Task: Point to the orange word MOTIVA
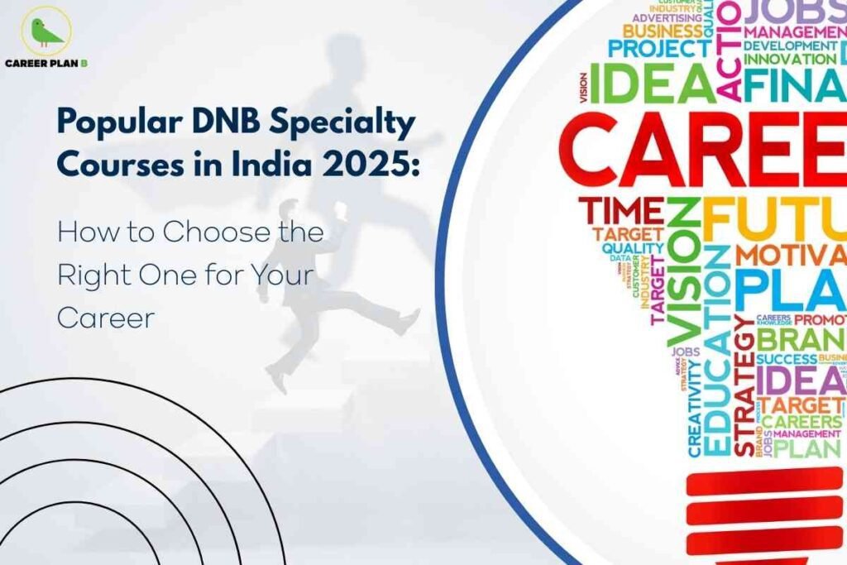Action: (790, 253)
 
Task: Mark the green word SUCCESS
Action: (786, 359)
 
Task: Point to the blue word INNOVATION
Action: (790, 60)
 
